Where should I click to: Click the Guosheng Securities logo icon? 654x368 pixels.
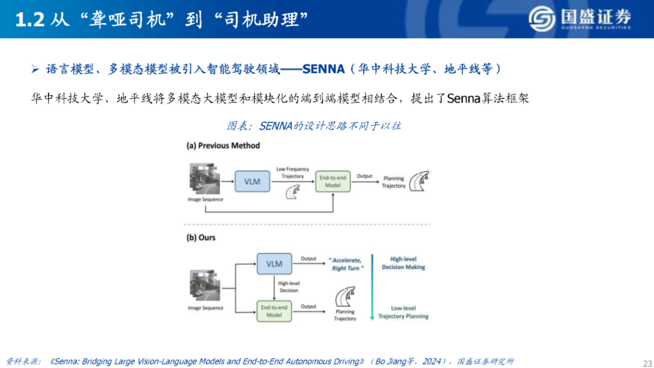542,19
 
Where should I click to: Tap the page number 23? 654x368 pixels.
648,363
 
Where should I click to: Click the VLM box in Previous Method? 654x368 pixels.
253,181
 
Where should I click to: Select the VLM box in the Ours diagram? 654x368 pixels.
274,264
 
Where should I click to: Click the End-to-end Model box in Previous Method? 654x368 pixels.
333,181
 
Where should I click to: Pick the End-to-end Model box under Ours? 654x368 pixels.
274,311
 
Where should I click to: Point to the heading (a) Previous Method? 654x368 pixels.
223,146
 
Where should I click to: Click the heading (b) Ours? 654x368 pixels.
201,237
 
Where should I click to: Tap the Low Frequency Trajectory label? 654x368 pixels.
292,173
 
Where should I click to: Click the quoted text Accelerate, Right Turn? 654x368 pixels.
346,264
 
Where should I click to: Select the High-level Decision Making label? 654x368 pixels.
403,263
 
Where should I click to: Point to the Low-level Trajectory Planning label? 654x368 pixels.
403,312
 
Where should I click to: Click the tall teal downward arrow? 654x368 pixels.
372,287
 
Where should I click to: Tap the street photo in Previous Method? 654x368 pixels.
205,179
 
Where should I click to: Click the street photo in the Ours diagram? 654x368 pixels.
205,286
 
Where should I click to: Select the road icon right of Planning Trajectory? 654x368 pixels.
419,181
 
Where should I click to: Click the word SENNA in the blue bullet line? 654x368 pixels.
323,69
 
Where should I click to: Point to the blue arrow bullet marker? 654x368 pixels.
36,69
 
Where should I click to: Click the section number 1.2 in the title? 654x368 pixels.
30,19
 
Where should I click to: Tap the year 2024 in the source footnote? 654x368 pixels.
432,361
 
